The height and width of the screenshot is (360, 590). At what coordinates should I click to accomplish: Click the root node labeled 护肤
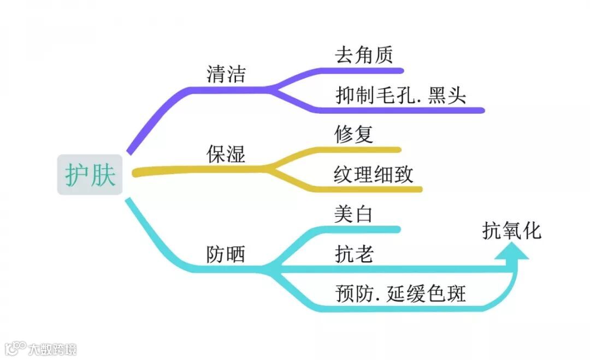[90, 175]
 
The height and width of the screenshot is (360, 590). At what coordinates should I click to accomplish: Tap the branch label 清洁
[226, 75]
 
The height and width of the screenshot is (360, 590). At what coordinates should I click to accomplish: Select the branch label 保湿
[226, 154]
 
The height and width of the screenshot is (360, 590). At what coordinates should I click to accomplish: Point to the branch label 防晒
[226, 254]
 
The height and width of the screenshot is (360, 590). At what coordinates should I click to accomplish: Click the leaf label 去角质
[364, 55]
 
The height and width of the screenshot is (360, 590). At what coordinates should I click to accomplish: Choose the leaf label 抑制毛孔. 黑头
[401, 96]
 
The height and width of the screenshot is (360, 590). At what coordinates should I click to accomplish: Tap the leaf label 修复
[353, 134]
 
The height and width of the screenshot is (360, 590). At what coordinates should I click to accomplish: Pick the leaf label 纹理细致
[374, 175]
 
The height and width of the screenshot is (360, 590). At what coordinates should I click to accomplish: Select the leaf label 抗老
[353, 254]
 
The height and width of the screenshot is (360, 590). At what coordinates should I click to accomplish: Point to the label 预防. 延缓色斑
[400, 294]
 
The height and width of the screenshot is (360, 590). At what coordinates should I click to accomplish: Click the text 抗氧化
[512, 231]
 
